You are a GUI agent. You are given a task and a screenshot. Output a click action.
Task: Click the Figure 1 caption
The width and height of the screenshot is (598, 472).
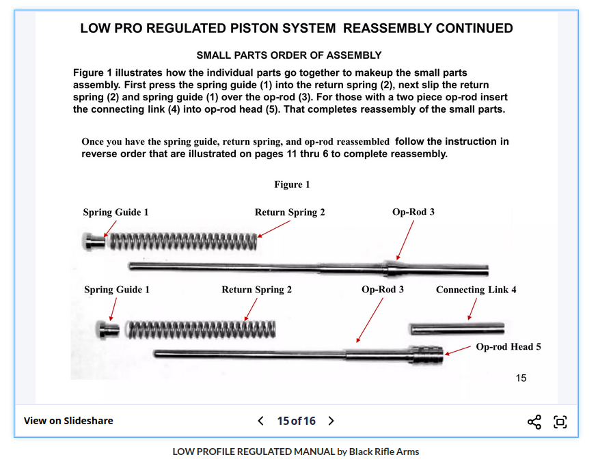(292, 184)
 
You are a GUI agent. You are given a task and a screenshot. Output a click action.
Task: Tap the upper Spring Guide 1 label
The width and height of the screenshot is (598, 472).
(115, 212)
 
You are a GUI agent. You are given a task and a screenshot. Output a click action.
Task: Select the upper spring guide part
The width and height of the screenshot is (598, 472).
(93, 241)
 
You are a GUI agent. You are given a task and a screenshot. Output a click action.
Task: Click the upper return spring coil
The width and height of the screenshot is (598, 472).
(183, 240)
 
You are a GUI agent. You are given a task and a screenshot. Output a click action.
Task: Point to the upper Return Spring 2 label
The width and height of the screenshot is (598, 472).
(290, 212)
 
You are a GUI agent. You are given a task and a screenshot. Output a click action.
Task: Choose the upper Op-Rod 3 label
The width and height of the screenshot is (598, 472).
(413, 212)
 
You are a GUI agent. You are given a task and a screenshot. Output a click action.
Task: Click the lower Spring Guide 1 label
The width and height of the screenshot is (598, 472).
(117, 290)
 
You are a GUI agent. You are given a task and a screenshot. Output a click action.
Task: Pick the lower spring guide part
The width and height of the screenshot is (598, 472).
(107, 329)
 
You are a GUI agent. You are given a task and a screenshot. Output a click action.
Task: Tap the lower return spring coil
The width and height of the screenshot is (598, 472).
(202, 329)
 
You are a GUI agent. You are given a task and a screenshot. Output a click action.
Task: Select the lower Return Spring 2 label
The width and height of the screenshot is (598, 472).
(256, 290)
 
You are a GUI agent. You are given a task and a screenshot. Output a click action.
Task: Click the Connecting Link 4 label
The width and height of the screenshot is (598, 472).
(476, 290)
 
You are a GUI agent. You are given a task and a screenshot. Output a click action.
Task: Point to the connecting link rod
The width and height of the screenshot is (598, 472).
(457, 329)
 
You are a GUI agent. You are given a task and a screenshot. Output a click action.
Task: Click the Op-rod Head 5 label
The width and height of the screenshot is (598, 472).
(508, 347)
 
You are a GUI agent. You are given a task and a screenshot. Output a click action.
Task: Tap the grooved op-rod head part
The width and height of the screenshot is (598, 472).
(426, 355)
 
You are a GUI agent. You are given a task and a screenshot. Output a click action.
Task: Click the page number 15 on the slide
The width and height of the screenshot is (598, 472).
(521, 378)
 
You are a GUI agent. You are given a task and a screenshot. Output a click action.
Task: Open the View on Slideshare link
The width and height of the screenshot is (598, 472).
(68, 421)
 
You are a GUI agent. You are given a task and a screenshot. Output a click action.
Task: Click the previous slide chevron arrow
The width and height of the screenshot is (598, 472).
(260, 421)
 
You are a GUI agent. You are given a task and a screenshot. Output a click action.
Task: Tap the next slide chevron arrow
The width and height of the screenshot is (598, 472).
(331, 421)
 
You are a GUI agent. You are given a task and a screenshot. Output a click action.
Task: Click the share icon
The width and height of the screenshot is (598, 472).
(534, 421)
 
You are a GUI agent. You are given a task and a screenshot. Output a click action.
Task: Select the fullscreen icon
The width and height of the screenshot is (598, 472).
(560, 421)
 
